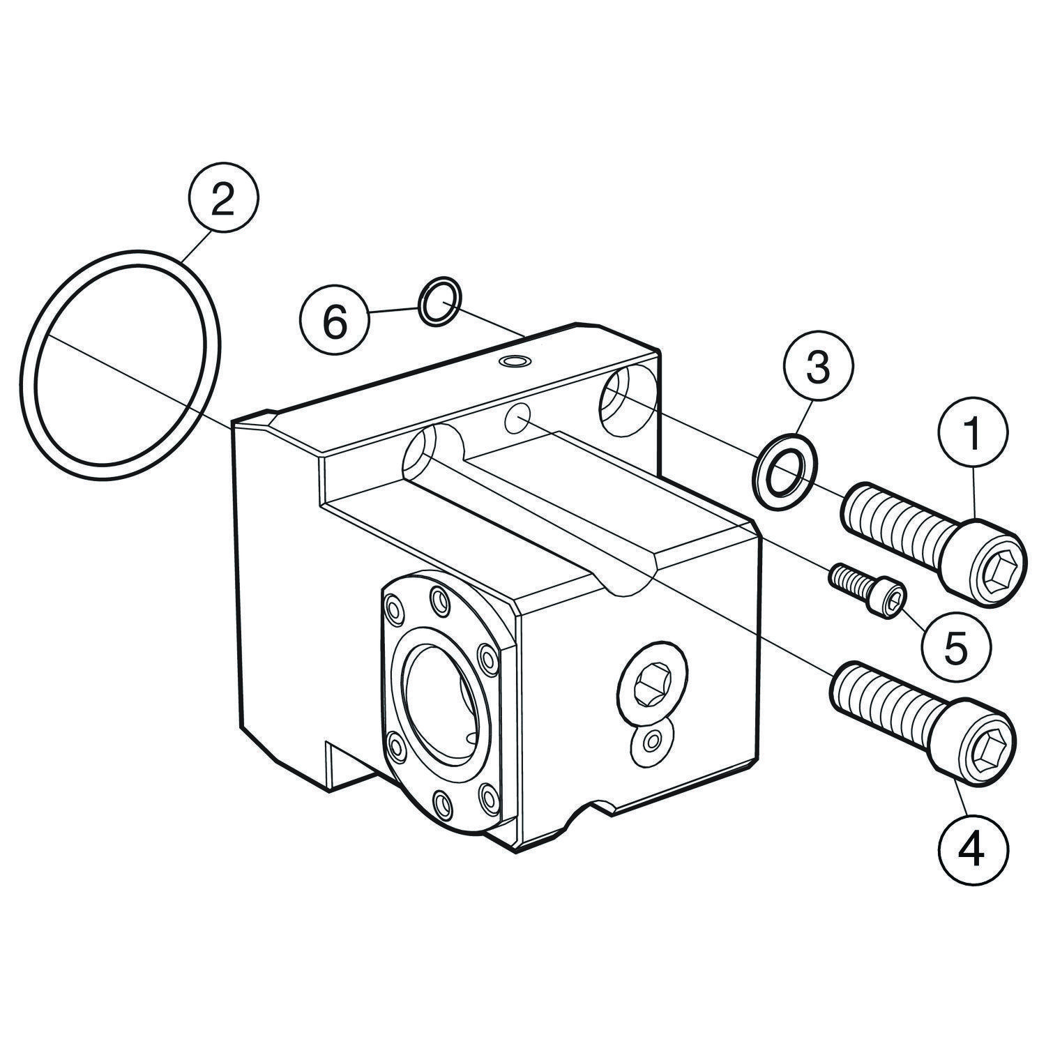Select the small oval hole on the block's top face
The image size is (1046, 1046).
(516, 361)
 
